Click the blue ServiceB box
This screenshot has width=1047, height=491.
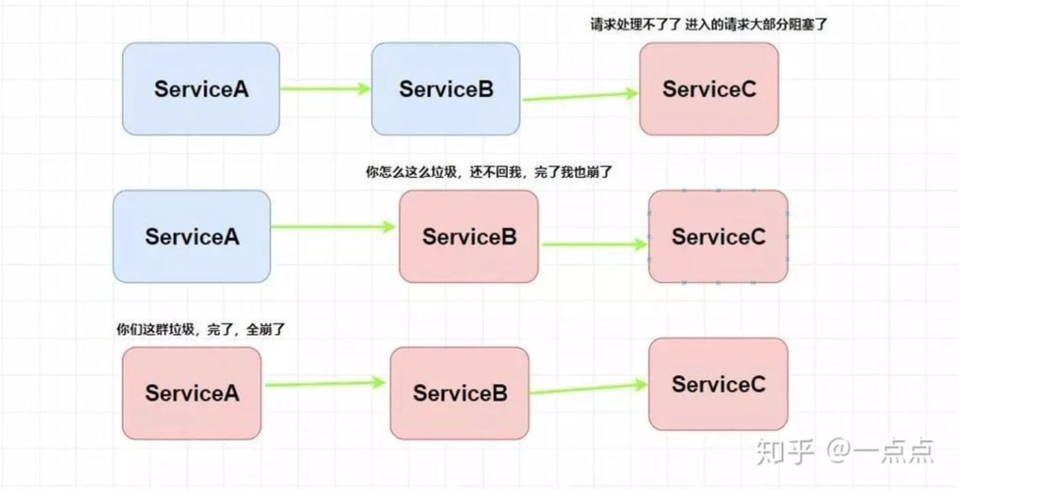point(445,88)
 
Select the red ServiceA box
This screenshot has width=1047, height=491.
point(192,393)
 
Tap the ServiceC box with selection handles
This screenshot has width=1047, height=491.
point(718,237)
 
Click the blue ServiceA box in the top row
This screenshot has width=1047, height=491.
point(200,88)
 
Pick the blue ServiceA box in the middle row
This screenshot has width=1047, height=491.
point(192,237)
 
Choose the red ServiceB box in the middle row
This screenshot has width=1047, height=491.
point(468,237)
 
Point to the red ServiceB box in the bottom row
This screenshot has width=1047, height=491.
point(459,393)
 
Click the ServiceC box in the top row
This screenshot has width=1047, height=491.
point(708,88)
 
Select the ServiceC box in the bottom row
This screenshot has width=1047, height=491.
point(718,384)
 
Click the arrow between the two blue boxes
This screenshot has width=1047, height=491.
point(325,88)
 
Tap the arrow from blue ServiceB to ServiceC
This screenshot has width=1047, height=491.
point(579,96)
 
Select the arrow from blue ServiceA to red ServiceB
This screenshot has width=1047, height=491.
point(334,227)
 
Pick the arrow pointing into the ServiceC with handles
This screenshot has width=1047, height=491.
point(593,242)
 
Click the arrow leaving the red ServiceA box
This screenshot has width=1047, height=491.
point(325,384)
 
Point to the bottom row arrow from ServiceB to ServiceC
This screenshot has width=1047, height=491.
point(588,389)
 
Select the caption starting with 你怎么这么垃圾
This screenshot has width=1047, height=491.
point(488,172)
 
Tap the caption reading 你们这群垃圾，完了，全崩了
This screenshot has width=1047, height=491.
point(200,329)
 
